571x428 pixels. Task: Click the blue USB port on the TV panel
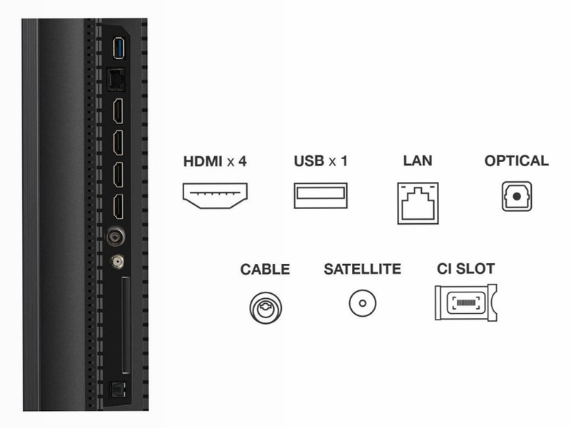coord(118,48)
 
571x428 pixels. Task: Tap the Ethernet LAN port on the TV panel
coord(115,80)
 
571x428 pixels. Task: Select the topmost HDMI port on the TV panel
coord(118,111)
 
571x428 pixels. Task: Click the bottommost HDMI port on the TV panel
coord(118,207)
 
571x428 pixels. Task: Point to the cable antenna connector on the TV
coord(116,238)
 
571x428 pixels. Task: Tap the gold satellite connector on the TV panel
coord(117,261)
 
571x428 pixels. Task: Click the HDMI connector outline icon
coord(215,195)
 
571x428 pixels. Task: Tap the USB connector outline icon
coord(320,195)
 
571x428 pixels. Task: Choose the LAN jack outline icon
coord(418,203)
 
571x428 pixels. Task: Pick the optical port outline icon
coord(516,197)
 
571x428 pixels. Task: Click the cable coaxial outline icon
coord(266,308)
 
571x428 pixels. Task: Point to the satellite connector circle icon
coord(363,303)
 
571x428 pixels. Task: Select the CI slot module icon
coord(466,302)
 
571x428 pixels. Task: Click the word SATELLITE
coord(363,270)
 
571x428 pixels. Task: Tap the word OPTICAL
coord(516,161)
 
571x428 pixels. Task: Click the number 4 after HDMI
coord(243,161)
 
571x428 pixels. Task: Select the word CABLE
coord(265,270)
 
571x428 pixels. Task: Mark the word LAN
coord(418,160)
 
